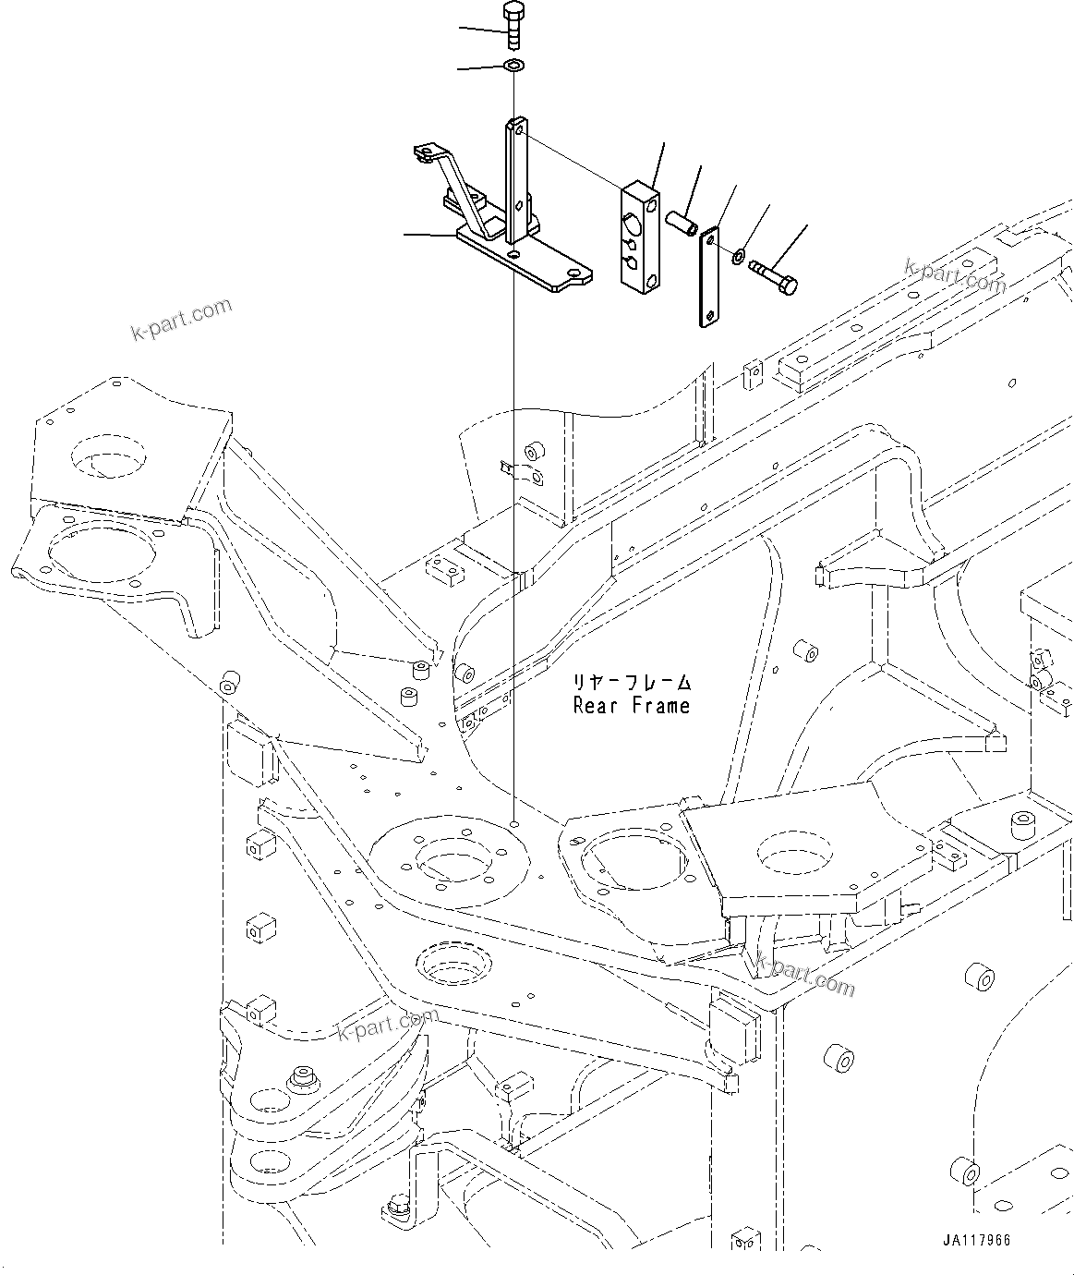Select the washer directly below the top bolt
coord(513,66)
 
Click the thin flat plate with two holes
coord(708,277)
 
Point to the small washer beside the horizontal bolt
coord(739,255)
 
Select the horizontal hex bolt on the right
coord(774,275)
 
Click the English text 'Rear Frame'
coord(631,706)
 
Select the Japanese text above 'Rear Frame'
coord(631,683)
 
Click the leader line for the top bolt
coord(480,31)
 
